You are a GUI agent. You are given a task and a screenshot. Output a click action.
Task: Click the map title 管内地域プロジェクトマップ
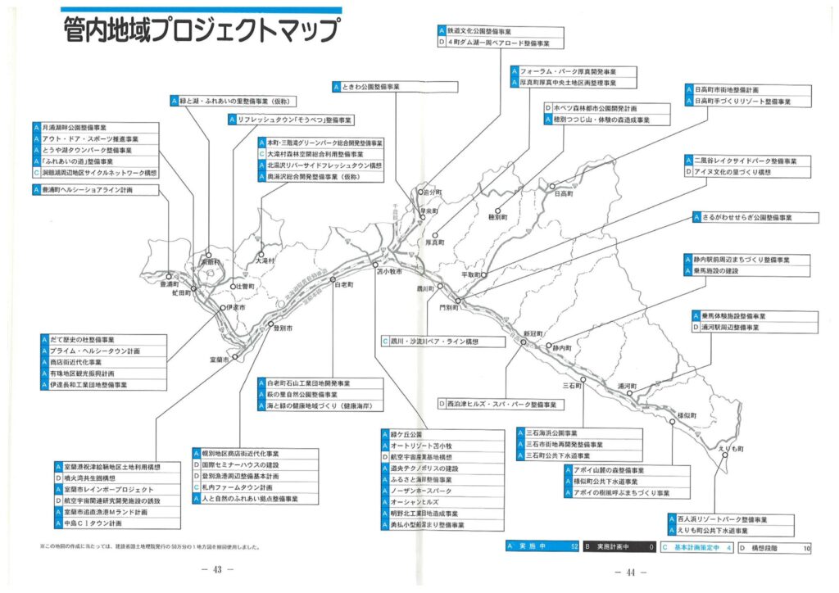pos(201,31)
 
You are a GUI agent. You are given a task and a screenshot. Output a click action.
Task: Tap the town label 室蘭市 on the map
pos(219,360)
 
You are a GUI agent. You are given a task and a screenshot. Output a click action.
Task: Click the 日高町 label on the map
pos(564,194)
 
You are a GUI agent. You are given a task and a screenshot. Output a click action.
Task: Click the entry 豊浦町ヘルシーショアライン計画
pos(87,189)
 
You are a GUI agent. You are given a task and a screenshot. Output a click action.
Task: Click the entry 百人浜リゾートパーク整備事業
pos(730,519)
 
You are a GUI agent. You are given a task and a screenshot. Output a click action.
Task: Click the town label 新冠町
pos(533,333)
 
